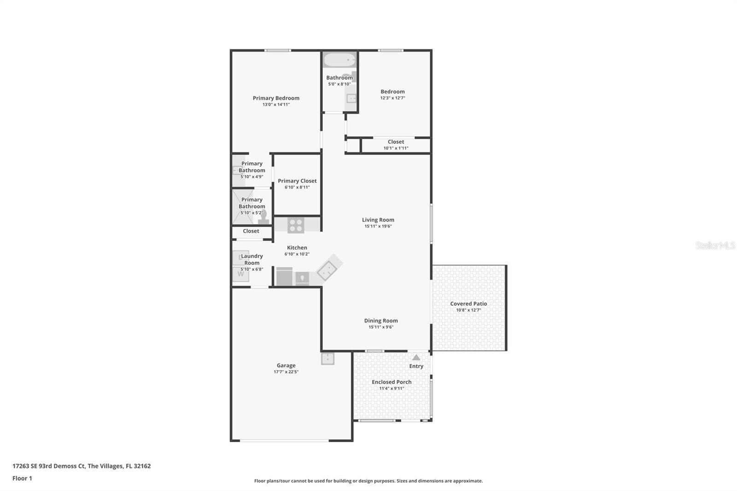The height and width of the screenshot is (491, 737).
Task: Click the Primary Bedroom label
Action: [x=276, y=98]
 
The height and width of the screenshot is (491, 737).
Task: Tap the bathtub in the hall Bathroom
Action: [x=339, y=60]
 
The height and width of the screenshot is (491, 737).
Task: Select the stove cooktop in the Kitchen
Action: [x=296, y=225]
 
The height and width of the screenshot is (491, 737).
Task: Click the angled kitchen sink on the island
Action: [x=327, y=270]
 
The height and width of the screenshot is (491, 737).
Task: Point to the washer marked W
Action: [x=240, y=274]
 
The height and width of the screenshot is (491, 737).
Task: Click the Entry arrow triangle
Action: [x=416, y=357]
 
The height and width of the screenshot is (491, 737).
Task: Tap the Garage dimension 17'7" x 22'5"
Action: [x=286, y=372]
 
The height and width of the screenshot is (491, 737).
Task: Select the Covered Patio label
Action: [x=468, y=304]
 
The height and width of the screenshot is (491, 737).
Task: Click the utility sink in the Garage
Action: [x=328, y=358]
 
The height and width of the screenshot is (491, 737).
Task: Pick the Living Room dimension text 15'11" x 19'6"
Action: [x=378, y=226]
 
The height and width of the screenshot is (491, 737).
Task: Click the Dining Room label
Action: [x=381, y=321]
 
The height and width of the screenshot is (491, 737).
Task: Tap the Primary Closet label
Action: [x=297, y=181]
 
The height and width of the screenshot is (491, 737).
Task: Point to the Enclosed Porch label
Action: [x=392, y=382]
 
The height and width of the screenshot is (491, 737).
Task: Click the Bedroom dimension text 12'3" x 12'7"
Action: [x=392, y=98]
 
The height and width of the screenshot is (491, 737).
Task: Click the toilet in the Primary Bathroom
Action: [x=263, y=217]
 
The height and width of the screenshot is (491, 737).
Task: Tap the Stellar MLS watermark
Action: [x=715, y=245]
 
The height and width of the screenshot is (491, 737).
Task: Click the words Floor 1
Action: [x=22, y=478]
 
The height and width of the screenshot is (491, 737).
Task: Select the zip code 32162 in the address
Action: [x=142, y=466]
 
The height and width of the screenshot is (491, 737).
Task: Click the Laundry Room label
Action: [x=252, y=259]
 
